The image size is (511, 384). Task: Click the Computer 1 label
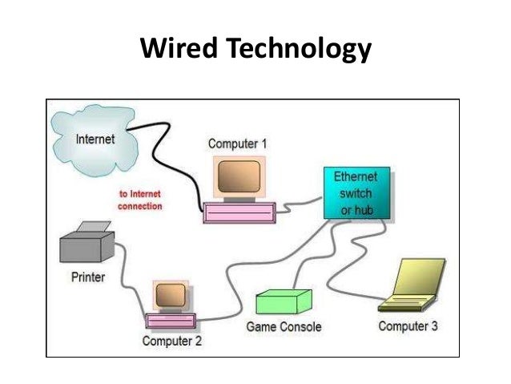click(x=238, y=144)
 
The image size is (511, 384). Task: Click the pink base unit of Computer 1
click(x=239, y=210)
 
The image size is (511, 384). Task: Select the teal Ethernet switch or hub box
click(x=358, y=192)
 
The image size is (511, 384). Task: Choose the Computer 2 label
click(x=172, y=341)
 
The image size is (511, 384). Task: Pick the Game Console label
click(x=284, y=326)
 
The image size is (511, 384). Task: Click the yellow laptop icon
click(x=414, y=285)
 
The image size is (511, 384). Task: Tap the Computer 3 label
click(x=408, y=326)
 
